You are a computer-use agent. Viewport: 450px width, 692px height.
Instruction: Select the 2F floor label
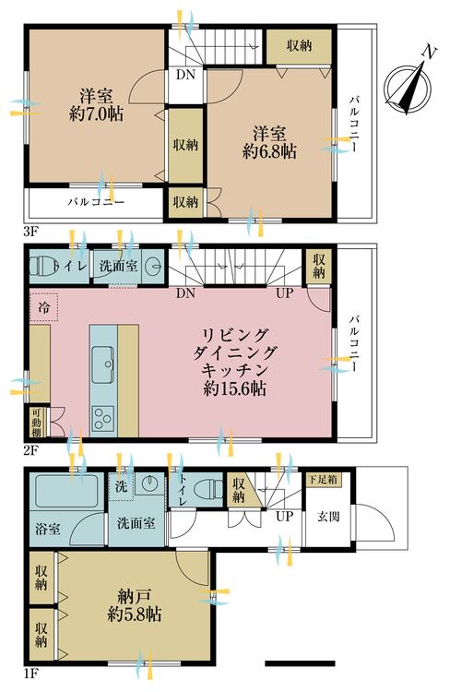pos(31,450)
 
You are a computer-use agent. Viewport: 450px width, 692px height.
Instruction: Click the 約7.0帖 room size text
pos(96,114)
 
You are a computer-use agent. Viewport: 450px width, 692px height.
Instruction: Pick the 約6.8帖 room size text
pos(269,151)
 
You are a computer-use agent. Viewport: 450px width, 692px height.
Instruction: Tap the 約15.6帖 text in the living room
pos(235,388)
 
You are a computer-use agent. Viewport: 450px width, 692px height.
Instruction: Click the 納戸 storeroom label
pos(135,597)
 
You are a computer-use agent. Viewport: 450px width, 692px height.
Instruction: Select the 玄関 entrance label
pos(328,517)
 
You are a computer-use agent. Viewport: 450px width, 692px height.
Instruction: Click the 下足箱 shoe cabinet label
pos(324,480)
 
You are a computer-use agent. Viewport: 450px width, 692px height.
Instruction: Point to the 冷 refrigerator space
pos(44,305)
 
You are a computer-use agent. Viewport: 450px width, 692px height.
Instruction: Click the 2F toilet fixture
pos(41,267)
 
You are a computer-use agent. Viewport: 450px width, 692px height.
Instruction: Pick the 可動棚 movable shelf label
pos(36,422)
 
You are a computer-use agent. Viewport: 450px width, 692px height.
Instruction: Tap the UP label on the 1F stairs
pos(285,516)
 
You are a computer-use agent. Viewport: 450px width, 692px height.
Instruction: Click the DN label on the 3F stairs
pos(185,74)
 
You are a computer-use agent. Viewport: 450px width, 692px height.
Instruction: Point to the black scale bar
pos(300,662)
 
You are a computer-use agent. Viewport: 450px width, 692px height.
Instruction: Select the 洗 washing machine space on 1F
pos(121,487)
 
